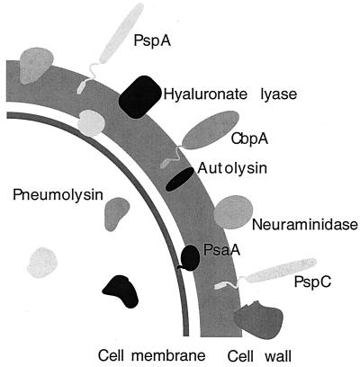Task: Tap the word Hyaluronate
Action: click(x=203, y=92)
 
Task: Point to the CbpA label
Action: click(x=249, y=139)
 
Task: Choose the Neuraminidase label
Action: click(x=302, y=222)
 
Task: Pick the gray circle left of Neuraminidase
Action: click(x=227, y=212)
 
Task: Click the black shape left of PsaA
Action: click(x=190, y=258)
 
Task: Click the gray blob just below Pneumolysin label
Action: click(x=118, y=213)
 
